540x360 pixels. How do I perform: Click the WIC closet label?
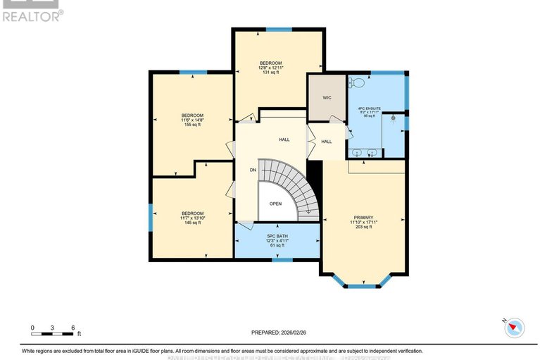(x=327, y=98)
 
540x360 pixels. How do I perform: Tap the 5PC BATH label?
(x=277, y=236)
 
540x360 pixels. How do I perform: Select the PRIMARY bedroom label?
(x=364, y=217)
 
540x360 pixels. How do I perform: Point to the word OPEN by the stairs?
(x=275, y=204)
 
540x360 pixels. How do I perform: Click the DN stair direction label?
(x=253, y=170)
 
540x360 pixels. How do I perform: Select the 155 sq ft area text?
(x=192, y=125)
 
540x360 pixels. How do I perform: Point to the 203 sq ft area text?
(x=364, y=228)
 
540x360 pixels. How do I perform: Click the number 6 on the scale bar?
(x=73, y=328)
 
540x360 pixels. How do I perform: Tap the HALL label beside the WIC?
(x=327, y=142)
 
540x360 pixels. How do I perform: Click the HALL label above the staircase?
(x=284, y=139)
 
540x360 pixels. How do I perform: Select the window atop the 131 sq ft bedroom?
(x=279, y=29)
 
